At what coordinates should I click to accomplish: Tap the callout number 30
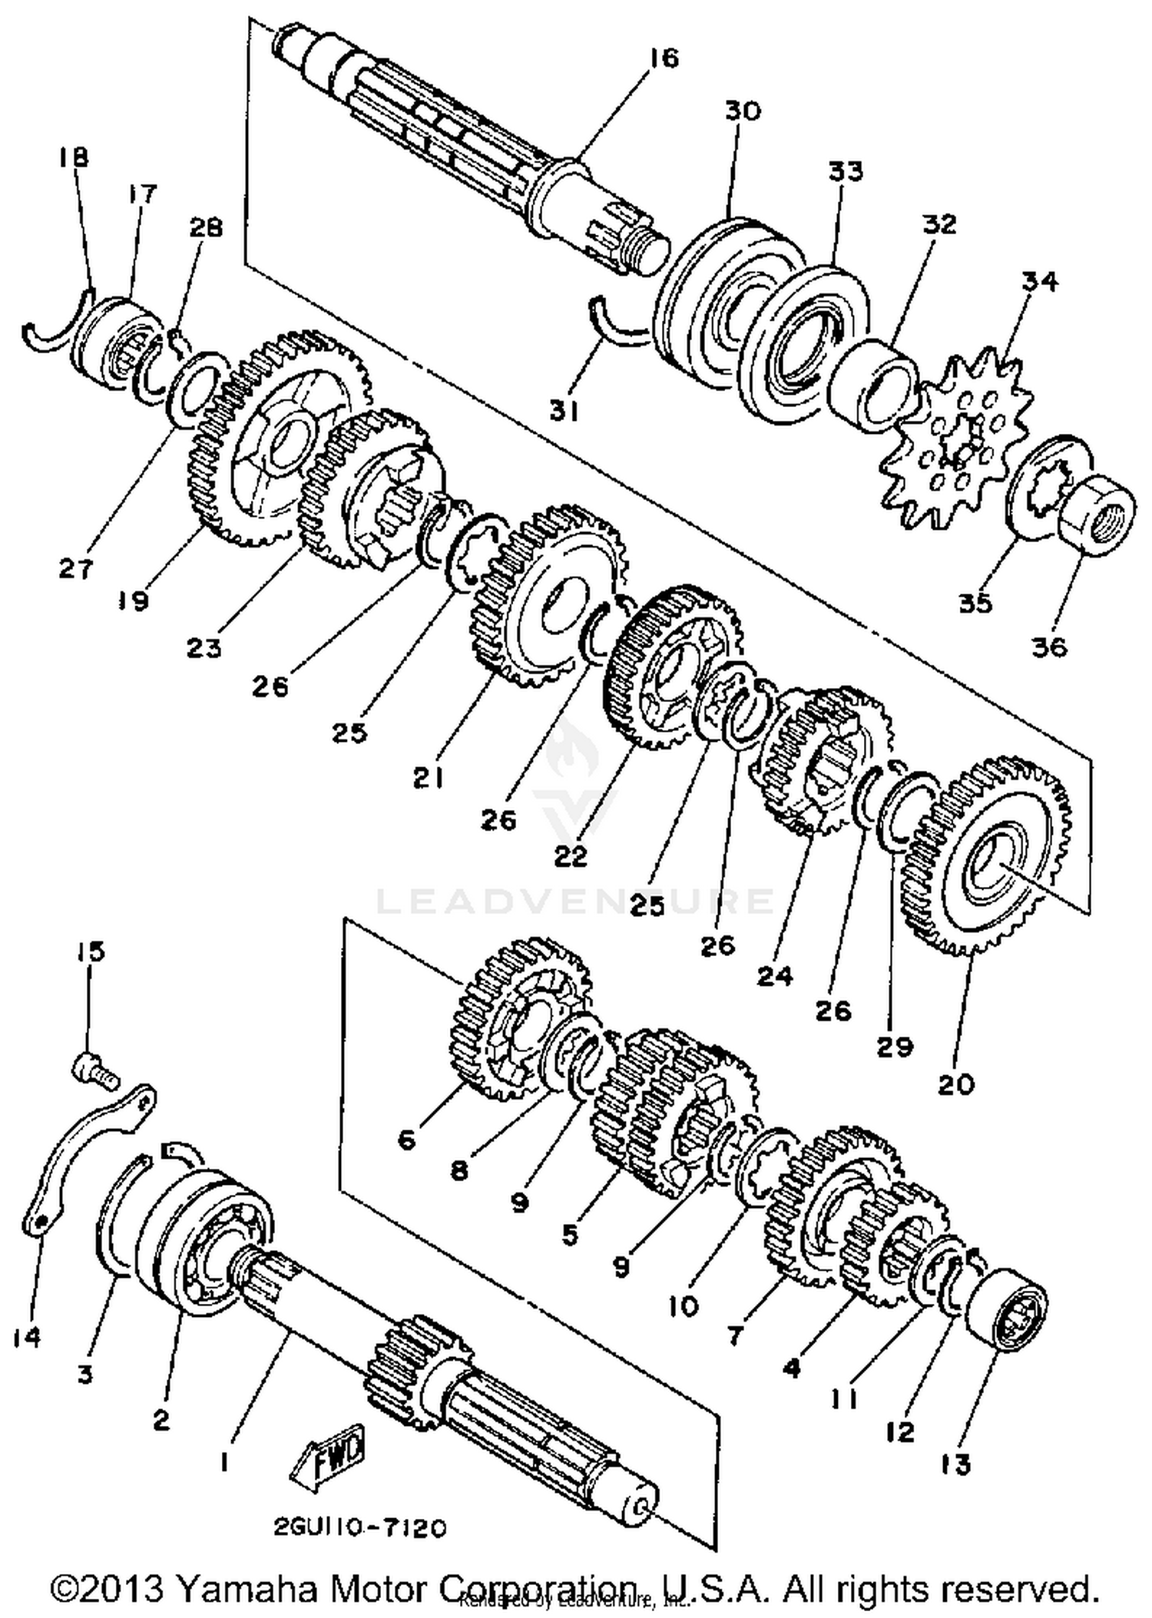coord(742,111)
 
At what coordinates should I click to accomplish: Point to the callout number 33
coord(845,170)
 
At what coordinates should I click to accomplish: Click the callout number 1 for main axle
coord(223,1464)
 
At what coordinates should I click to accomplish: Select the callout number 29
coord(895,1046)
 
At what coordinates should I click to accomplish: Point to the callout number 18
coord(74,157)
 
